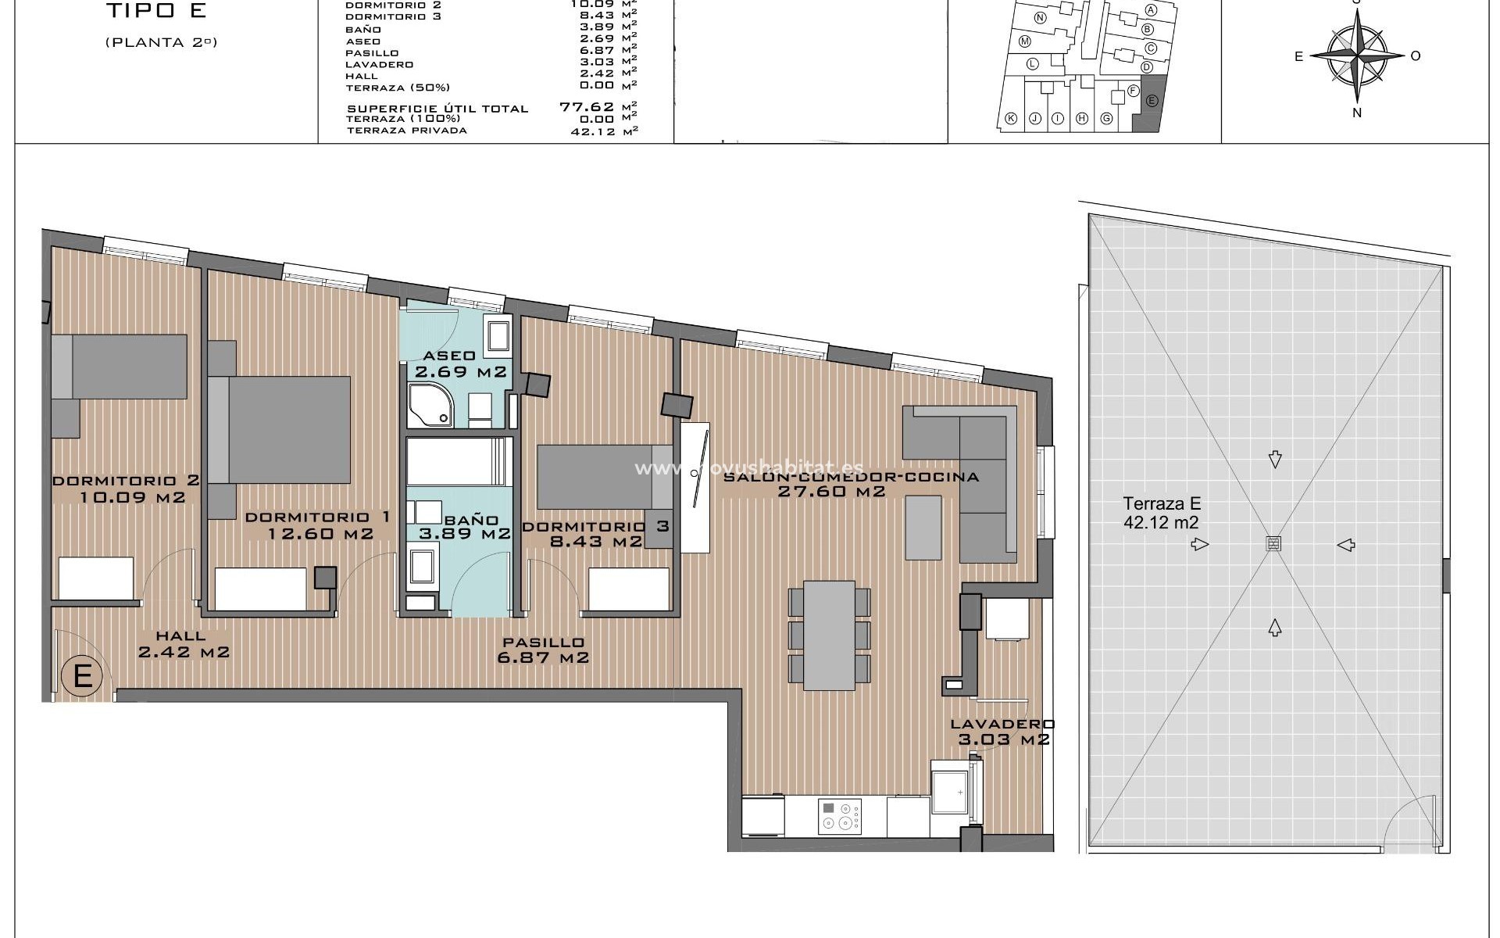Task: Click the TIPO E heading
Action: pyautogui.click(x=156, y=12)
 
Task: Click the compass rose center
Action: pyautogui.click(x=1357, y=55)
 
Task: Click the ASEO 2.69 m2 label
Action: pyautogui.click(x=461, y=363)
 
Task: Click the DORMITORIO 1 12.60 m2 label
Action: pyautogui.click(x=318, y=525)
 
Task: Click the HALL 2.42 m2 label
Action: pyautogui.click(x=184, y=644)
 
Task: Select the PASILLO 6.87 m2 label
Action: pyautogui.click(x=543, y=650)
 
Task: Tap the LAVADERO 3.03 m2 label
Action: pyautogui.click(x=1002, y=732)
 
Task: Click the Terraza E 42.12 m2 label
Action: pyautogui.click(x=1161, y=513)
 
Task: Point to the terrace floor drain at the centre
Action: pyautogui.click(x=1274, y=545)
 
